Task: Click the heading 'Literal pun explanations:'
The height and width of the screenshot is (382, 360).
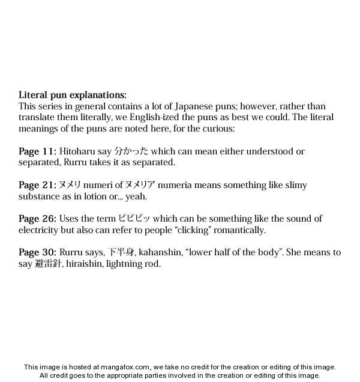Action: pos(73,95)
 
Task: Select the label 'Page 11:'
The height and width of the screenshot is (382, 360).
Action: pos(37,151)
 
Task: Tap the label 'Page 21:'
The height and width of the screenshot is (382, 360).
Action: pos(37,185)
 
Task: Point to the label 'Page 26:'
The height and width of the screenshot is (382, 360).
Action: pos(37,219)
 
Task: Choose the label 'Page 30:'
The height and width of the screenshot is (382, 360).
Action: pos(37,252)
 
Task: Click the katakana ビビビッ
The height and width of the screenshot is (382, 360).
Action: pos(134,219)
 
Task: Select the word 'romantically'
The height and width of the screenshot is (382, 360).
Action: pos(236,230)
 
